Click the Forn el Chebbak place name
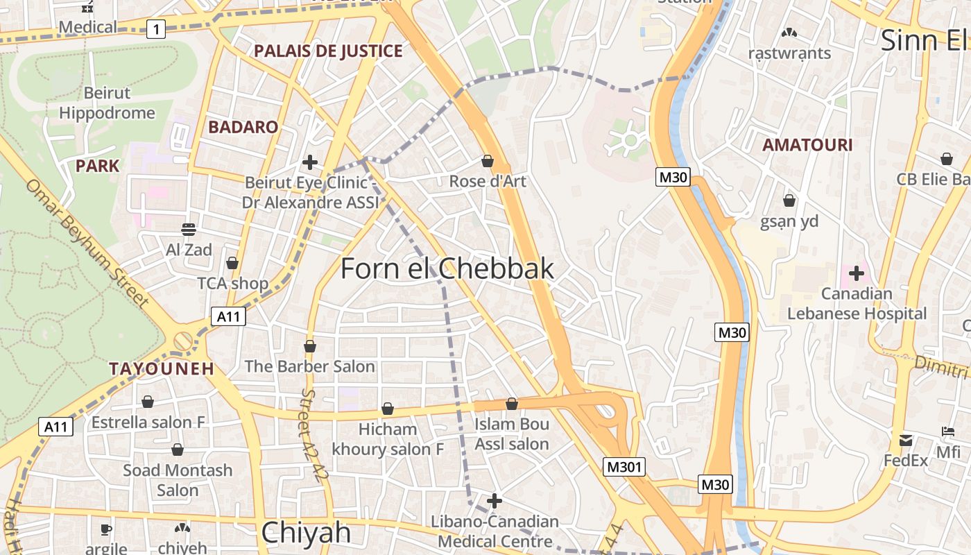447,269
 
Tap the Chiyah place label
306,533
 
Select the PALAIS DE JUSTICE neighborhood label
328,51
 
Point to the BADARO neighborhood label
243,127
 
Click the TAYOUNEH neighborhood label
162,368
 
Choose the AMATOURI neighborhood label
807,145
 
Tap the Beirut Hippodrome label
107,103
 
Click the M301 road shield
624,467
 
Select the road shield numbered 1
157,28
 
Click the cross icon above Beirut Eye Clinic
310,162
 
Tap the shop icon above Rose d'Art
488,161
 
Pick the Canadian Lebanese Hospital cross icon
857,273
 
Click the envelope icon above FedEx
906,440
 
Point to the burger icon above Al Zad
189,229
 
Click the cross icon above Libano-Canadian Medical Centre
495,500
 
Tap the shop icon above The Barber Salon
310,345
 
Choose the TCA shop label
233,283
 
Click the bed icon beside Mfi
948,432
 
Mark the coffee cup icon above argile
106,529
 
